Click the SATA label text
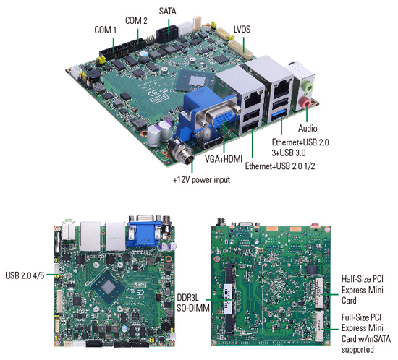[168, 11]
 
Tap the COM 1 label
[106, 30]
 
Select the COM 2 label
[136, 20]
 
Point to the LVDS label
[242, 29]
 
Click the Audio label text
[308, 128]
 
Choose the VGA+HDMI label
[224, 159]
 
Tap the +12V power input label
[201, 180]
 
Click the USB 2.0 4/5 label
[25, 275]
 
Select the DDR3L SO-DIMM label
[193, 303]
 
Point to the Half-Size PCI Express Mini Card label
[363, 290]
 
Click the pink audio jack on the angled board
[305, 103]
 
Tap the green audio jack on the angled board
[307, 87]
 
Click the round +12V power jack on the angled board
[182, 152]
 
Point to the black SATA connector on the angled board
[166, 33]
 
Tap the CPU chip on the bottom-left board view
[109, 287]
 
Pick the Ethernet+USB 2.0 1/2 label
[280, 166]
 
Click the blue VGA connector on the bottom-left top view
[145, 233]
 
